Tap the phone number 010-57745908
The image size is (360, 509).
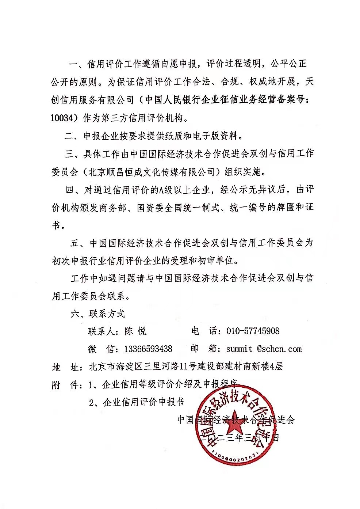point(253,331)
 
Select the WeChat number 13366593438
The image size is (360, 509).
point(148,349)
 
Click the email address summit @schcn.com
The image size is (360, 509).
point(264,349)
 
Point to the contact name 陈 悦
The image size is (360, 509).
point(135,331)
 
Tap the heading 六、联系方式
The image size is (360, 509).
point(97,314)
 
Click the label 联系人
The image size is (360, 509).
point(101,331)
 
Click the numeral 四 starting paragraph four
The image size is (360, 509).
point(69,190)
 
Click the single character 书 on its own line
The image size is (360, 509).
point(56,225)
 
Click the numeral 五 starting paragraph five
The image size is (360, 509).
point(74,243)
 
